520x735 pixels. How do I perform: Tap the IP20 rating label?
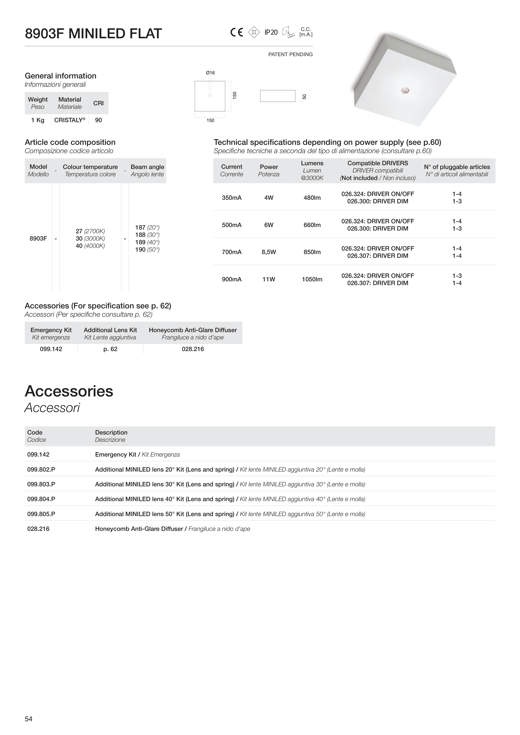pyautogui.click(x=271, y=32)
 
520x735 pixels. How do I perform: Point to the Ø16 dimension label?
pyautogui.click(x=210, y=73)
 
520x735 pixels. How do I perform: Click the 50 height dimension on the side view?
pyautogui.click(x=304, y=96)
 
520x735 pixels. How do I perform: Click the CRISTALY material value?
pyautogui.click(x=70, y=120)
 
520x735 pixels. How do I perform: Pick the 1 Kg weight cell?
pyautogui.click(x=37, y=120)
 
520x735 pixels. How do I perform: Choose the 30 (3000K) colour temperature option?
pyautogui.click(x=90, y=238)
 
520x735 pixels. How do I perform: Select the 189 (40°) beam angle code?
pyautogui.click(x=147, y=242)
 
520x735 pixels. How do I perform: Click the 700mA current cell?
pyautogui.click(x=232, y=252)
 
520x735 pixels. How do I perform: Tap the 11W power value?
pyautogui.click(x=269, y=279)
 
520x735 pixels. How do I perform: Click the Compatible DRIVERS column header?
pyautogui.click(x=378, y=163)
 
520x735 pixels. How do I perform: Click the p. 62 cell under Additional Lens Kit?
pyautogui.click(x=110, y=349)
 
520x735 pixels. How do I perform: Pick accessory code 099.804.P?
pyautogui.click(x=41, y=499)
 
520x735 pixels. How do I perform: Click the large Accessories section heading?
pyautogui.click(x=69, y=391)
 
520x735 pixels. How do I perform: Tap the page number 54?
pyautogui.click(x=29, y=719)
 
